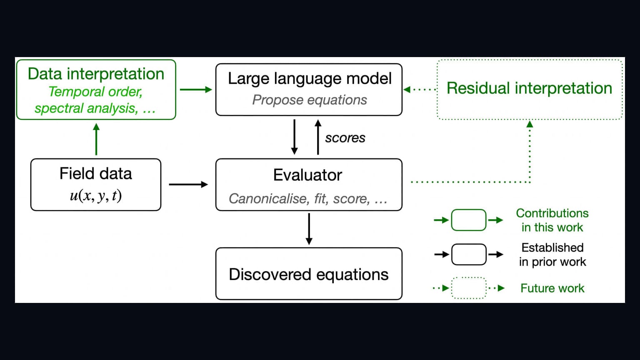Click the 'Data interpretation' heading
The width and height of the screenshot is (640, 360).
point(96,74)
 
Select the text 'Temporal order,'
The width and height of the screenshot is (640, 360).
point(95,92)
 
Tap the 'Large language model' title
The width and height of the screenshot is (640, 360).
point(310,79)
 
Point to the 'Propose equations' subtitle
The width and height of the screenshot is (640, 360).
point(310,100)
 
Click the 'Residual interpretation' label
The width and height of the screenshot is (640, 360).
point(530,88)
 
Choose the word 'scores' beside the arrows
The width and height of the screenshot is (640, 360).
point(345,138)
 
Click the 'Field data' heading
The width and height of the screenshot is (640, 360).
point(96,173)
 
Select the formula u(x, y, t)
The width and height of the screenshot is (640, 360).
point(96,196)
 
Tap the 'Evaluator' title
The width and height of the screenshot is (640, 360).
point(308,175)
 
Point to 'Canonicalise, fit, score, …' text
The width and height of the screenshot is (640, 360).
point(308,199)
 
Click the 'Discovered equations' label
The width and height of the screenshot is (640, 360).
point(309,275)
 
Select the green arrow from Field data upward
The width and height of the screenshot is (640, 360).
point(96,139)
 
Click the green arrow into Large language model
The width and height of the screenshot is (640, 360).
point(196,90)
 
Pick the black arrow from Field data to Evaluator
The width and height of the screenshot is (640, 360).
point(189,185)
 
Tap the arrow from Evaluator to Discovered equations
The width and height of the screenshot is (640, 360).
point(309,229)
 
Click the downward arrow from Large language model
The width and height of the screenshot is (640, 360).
point(294,137)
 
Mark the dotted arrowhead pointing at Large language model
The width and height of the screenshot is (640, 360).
point(407,90)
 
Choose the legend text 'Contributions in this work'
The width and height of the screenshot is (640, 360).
point(552,220)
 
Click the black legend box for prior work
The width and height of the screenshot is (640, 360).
point(469,255)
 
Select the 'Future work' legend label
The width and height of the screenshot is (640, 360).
point(552,288)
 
